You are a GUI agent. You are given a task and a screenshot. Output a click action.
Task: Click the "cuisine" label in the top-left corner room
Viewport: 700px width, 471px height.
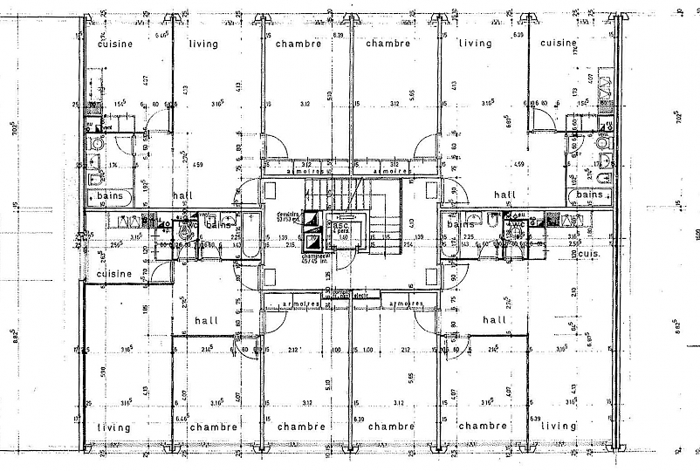click(x=114, y=44)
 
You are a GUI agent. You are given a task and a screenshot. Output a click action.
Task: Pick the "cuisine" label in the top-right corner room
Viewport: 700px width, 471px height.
click(x=558, y=43)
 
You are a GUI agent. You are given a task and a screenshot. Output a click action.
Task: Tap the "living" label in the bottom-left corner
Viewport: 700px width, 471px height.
click(x=114, y=427)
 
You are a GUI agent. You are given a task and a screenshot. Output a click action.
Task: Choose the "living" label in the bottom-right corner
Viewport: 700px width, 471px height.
click(x=559, y=427)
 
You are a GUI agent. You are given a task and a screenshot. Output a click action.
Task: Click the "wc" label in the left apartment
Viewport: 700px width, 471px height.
click(x=187, y=224)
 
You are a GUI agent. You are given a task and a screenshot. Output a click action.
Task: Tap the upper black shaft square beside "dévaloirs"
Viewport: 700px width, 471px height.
click(x=312, y=222)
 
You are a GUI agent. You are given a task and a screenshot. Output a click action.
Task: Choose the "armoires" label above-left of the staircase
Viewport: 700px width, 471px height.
click(x=305, y=173)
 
